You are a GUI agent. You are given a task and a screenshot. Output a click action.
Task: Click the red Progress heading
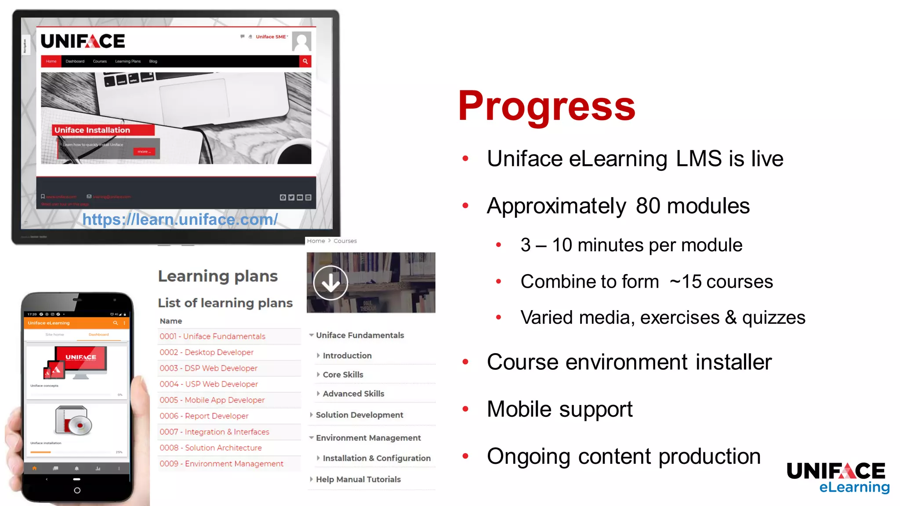click(546, 106)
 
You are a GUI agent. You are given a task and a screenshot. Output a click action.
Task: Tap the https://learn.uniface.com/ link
click(180, 219)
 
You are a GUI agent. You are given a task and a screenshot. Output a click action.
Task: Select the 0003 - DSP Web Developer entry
click(208, 368)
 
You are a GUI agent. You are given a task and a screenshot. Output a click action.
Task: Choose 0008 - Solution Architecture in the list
click(210, 448)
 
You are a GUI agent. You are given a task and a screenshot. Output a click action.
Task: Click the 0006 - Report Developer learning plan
click(204, 416)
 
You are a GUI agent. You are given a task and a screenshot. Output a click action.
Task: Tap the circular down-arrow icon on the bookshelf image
click(330, 283)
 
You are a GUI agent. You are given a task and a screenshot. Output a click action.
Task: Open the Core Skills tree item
click(343, 375)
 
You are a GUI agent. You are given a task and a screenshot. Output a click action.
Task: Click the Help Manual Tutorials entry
click(358, 479)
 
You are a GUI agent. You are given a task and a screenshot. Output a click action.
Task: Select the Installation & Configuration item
click(376, 458)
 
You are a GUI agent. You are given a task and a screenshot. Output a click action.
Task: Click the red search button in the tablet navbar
click(305, 61)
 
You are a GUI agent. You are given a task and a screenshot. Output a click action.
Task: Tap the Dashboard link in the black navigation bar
click(75, 61)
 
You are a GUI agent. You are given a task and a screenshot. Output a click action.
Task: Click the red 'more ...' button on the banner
click(144, 152)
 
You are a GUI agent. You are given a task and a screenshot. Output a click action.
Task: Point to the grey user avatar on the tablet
click(301, 41)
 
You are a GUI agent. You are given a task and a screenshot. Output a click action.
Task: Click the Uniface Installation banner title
click(92, 130)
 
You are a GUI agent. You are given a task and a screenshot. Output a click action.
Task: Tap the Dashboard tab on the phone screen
click(98, 335)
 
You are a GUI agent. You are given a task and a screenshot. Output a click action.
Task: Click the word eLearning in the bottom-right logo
click(854, 487)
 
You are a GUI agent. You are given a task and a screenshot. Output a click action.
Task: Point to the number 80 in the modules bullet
click(648, 206)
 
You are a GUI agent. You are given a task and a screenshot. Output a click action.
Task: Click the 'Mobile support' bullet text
click(559, 409)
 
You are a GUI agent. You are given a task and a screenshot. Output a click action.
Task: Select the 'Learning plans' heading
click(218, 276)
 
